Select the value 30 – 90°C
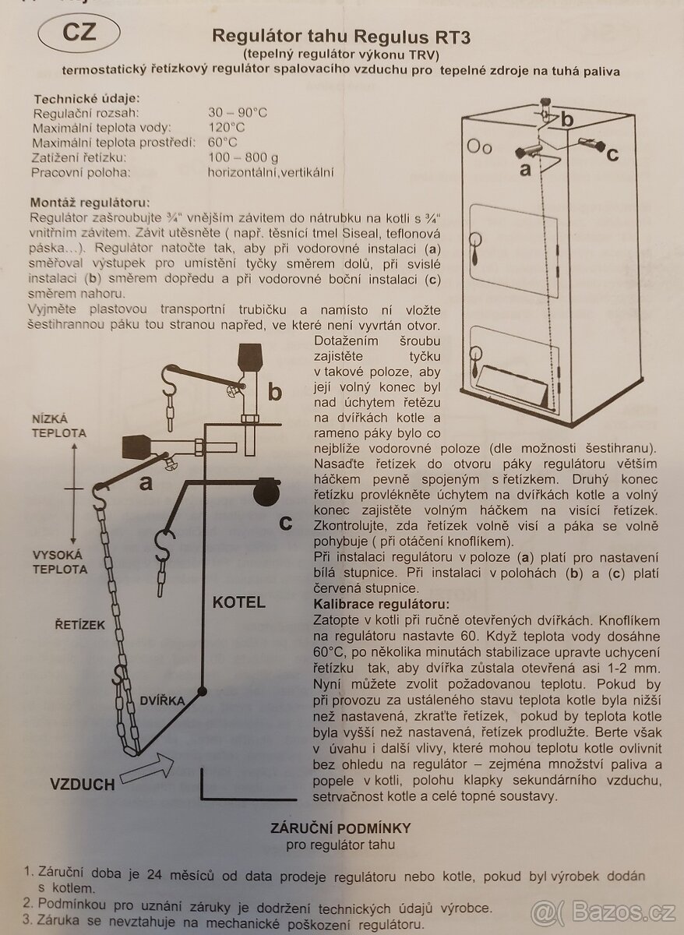(238, 112)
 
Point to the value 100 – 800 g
(242, 157)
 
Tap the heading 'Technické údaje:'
(86, 98)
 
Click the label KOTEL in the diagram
(239, 602)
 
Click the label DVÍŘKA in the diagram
(163, 700)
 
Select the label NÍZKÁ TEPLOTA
(59, 425)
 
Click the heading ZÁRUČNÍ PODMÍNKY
(341, 828)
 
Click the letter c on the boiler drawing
(612, 154)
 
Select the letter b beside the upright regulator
(275, 391)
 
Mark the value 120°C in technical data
(226, 128)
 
